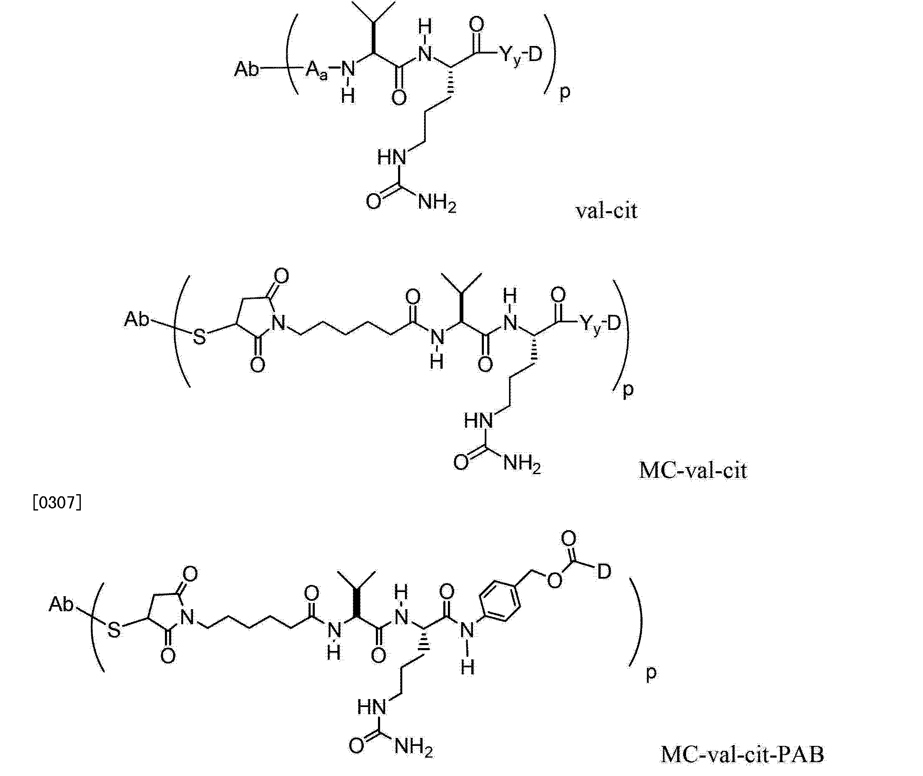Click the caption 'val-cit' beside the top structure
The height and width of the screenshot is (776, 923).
(607, 211)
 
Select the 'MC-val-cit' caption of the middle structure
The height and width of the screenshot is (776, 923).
(693, 470)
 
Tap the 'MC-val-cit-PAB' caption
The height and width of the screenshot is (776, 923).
(743, 754)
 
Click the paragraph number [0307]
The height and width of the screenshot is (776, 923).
(57, 503)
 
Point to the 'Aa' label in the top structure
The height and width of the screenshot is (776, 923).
(316, 70)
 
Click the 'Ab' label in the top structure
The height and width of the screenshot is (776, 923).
(247, 69)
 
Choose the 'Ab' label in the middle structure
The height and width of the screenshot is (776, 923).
(136, 319)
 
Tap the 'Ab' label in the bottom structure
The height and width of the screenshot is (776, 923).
(61, 605)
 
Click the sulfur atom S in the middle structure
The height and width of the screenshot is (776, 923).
(200, 337)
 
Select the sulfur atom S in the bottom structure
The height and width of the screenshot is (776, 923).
(113, 631)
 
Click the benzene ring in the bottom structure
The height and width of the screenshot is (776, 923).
(499, 601)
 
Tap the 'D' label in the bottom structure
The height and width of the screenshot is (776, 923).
(604, 572)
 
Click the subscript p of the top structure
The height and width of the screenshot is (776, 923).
(564, 94)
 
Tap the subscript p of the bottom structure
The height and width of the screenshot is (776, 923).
(651, 674)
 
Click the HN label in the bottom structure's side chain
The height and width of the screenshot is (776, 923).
(372, 707)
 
